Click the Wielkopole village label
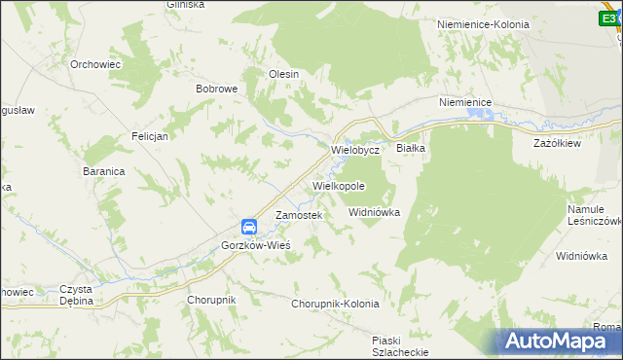pyautogui.click(x=339, y=185)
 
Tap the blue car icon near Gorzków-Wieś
pyautogui.click(x=249, y=227)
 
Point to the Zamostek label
pyautogui.click(x=298, y=215)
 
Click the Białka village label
pyautogui.click(x=411, y=148)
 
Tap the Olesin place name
pyautogui.click(x=283, y=73)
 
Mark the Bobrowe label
pyautogui.click(x=217, y=89)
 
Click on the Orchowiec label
pyautogui.click(x=94, y=64)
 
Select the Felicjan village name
pyautogui.click(x=150, y=136)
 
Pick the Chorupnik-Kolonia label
pyautogui.click(x=335, y=304)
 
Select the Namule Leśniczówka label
pyautogui.click(x=593, y=215)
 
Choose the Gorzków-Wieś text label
pyautogui.click(x=256, y=245)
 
